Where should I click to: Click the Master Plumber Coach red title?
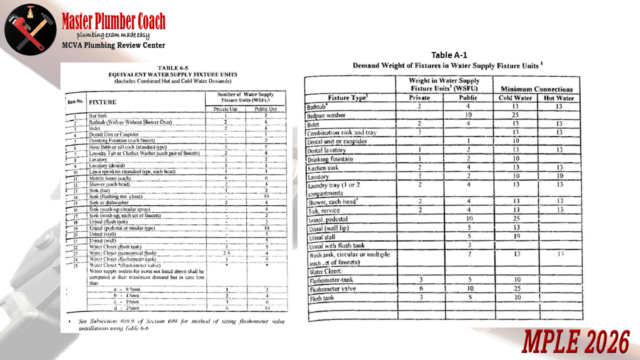113,21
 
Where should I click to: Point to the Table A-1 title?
448,55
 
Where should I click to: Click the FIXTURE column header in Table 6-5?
102,102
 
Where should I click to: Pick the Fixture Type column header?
349,98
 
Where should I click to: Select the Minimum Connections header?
536,89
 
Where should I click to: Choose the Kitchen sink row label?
322,168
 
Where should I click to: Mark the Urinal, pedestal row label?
328,219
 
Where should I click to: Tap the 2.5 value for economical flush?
226,253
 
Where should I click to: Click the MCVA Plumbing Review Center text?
113,45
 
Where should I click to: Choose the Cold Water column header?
515,98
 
